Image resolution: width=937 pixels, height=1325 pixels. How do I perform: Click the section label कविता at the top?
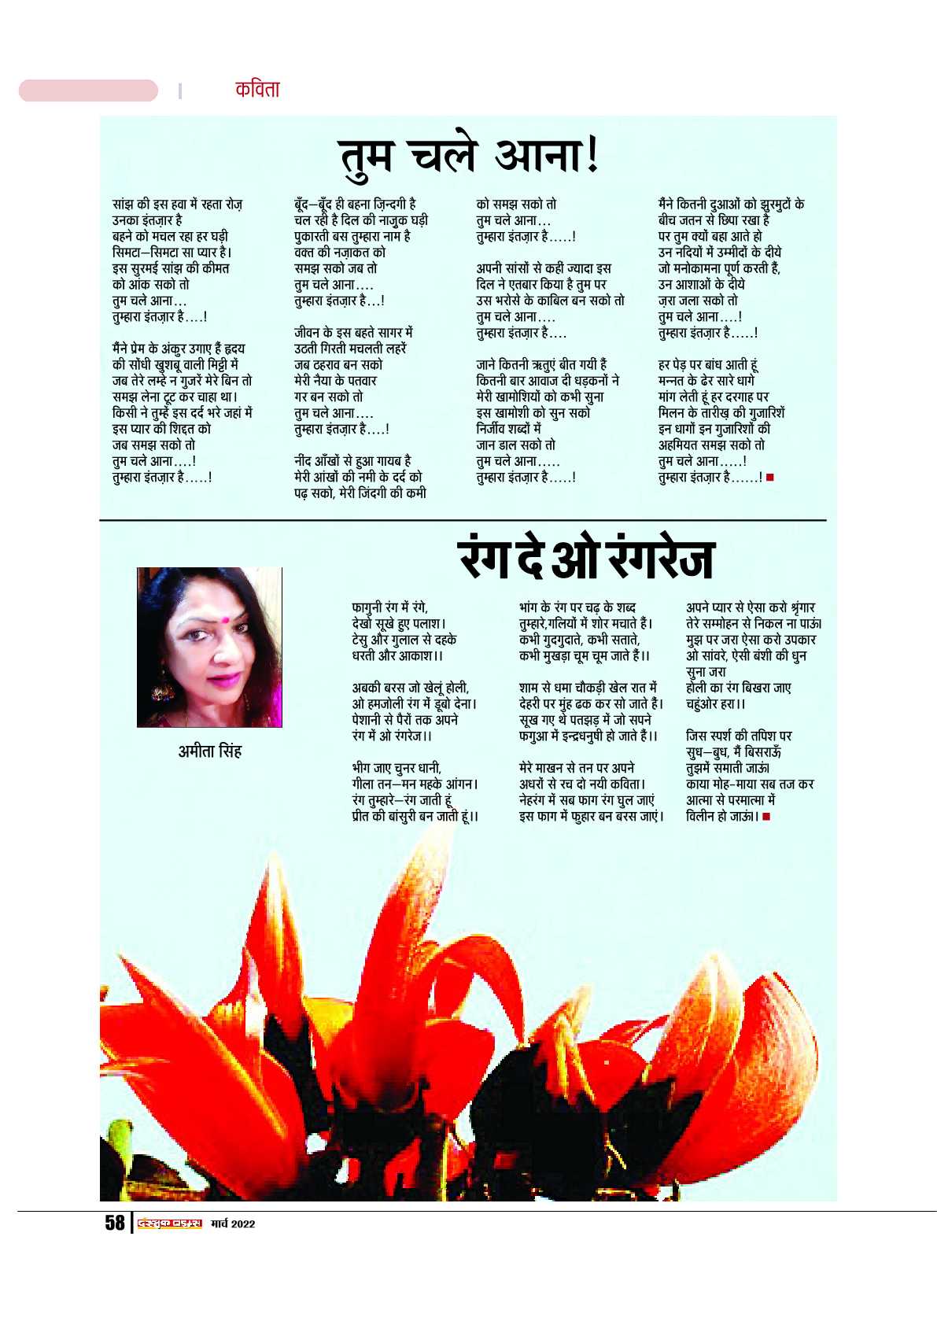point(257,90)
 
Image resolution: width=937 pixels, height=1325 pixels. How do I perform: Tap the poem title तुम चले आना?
point(469,155)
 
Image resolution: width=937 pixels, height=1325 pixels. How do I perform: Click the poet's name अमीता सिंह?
point(209,751)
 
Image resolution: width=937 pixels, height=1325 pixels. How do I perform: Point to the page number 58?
point(115,1222)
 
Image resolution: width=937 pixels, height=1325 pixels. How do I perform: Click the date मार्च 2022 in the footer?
point(233,1224)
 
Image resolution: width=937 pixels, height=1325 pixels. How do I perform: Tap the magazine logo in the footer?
point(170,1223)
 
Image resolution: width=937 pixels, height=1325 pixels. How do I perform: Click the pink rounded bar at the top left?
point(88,90)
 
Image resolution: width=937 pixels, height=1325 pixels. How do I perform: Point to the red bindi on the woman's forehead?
point(224,620)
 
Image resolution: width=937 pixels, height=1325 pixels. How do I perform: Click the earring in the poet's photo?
point(162,692)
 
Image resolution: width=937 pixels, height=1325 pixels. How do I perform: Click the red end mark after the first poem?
point(769,477)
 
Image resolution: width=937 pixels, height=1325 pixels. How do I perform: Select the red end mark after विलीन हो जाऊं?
point(767,817)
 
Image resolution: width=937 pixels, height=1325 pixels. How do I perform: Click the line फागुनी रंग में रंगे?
point(390,607)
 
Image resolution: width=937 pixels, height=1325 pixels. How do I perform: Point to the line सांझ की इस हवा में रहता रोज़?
point(177,205)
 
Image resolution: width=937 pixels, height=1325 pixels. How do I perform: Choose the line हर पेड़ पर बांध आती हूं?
point(708,365)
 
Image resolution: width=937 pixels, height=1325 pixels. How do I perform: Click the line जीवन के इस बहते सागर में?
point(353,333)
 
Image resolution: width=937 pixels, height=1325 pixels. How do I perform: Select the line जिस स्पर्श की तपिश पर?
point(739,736)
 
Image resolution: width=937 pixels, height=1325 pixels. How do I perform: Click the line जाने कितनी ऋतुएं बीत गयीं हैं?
point(541,365)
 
